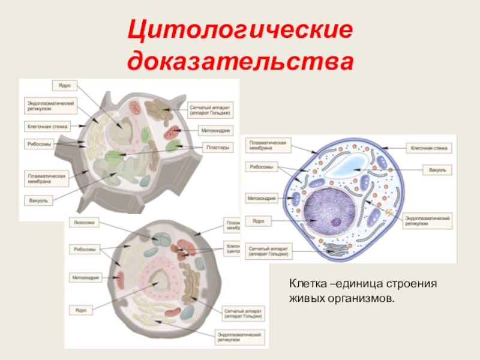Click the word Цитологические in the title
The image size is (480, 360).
point(240,30)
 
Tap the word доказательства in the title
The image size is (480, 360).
point(240,61)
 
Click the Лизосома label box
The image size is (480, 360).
point(82,222)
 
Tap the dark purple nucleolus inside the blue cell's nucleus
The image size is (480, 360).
point(337,222)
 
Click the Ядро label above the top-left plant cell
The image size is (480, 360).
point(62,84)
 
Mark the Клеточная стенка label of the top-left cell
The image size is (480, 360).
point(47,127)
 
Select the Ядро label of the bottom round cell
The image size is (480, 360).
point(82,310)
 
